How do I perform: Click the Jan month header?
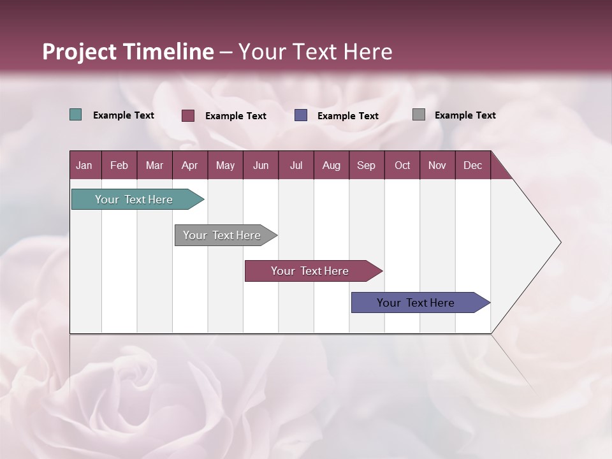(84, 165)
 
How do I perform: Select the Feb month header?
(119, 165)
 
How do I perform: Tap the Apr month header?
(189, 165)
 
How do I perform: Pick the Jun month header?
(261, 165)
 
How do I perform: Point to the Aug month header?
(331, 165)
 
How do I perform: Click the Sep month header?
(366, 165)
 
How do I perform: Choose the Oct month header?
(402, 165)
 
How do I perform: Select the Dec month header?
(472, 165)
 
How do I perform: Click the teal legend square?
(76, 115)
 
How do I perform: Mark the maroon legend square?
(188, 115)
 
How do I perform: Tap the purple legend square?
(301, 115)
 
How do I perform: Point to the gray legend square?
(419, 115)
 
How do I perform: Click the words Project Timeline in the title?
(128, 52)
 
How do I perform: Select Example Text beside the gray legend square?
(465, 115)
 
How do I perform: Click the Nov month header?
(437, 165)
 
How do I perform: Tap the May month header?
(225, 165)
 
